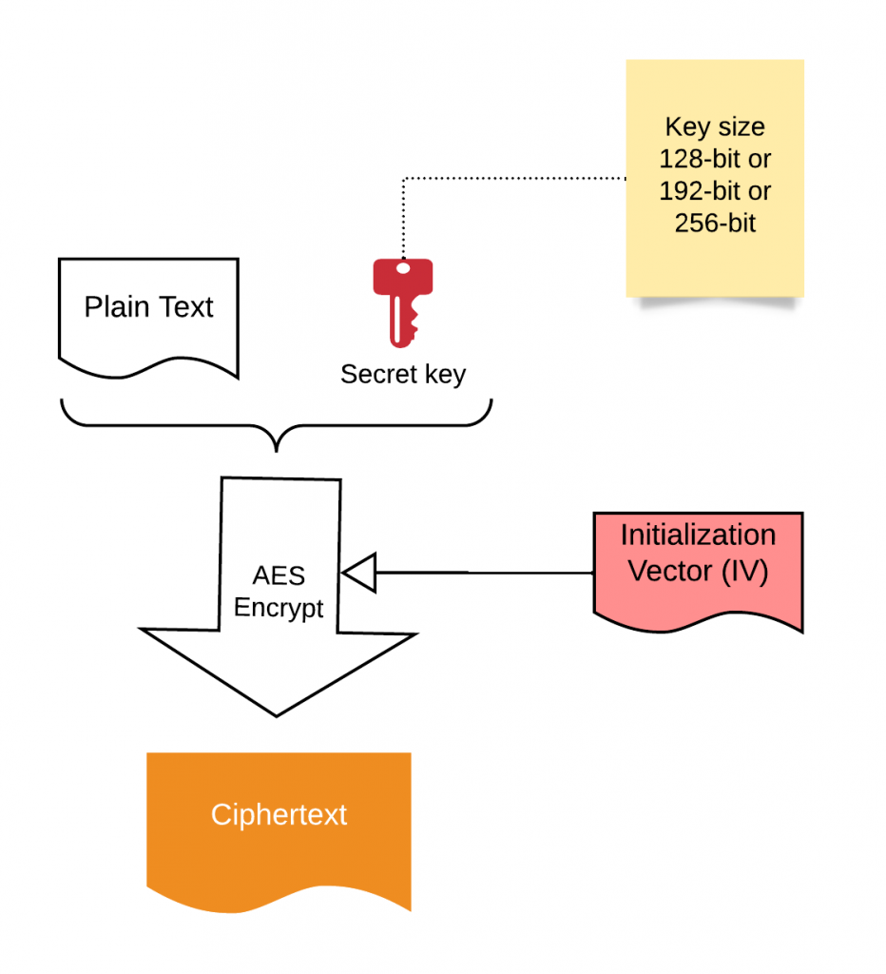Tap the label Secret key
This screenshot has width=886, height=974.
[x=403, y=374]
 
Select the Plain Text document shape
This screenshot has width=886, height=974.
[x=148, y=314]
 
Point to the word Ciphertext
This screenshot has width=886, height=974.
[x=279, y=815]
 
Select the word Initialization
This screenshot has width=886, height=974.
[x=698, y=535]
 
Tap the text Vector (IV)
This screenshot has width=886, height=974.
[x=698, y=573]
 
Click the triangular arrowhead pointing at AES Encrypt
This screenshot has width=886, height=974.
[x=359, y=573]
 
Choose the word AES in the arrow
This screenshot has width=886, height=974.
[x=279, y=576]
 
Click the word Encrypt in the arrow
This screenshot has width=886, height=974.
[x=279, y=608]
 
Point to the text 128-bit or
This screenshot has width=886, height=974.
[x=715, y=159]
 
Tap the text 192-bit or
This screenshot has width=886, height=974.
[x=715, y=191]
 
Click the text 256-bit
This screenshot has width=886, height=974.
[x=715, y=224]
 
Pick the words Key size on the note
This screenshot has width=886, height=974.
[x=715, y=127]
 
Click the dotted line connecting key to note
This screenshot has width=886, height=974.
[x=513, y=178]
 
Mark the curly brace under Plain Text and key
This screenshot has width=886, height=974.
[x=277, y=428]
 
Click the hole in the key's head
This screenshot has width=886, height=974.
[x=403, y=268]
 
